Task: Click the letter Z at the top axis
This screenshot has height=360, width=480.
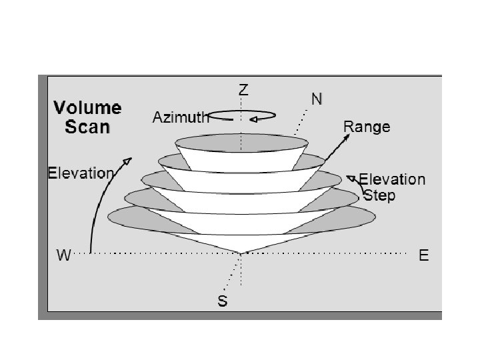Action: coord(244,90)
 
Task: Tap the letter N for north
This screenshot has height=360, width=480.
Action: coord(317,99)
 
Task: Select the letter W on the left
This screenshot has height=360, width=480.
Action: coord(64,255)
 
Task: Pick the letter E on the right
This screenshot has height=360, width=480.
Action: coord(424,255)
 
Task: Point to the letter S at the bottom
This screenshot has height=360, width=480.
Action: coord(223,302)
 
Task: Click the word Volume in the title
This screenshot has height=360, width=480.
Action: coord(87,109)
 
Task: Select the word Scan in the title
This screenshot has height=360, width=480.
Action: coord(87,127)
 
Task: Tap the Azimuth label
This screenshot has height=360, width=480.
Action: coord(180,118)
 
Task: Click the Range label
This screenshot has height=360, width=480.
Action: coord(367,126)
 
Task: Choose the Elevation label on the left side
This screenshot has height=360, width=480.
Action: coord(81,173)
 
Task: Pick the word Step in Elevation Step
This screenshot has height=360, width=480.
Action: coord(379,195)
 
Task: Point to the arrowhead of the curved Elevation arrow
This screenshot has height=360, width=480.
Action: coord(129,161)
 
